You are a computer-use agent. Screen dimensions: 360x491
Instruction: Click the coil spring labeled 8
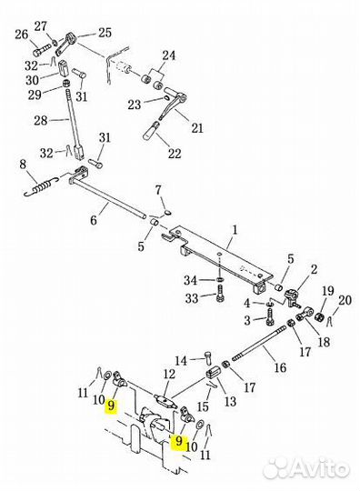tap(41, 186)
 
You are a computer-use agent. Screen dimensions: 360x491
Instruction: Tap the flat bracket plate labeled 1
tap(218, 257)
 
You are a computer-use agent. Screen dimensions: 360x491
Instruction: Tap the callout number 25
tap(105, 32)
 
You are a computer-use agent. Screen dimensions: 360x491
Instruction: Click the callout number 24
tap(168, 55)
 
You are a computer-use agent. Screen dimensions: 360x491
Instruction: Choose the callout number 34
tap(190, 280)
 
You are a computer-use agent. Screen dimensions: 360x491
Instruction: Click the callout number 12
tap(169, 374)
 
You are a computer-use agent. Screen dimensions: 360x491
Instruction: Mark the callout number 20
tap(345, 300)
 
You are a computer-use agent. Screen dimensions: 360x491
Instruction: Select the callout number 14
tap(181, 361)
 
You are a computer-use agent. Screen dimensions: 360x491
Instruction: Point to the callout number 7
tap(158, 190)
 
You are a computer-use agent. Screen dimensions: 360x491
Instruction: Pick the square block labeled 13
tap(214, 372)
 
